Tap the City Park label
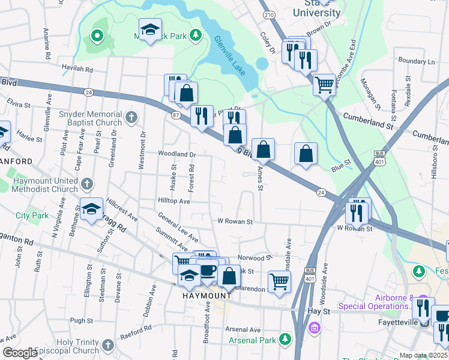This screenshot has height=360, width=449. point(32,215)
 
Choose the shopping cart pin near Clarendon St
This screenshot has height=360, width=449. point(279,281)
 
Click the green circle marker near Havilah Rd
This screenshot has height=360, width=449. point(96,35)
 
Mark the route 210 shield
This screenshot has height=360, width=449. point(270,14)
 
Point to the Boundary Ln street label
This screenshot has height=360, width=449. point(415,61)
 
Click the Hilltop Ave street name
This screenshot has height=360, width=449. point(173,202)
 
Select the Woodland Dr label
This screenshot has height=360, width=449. point(177,154)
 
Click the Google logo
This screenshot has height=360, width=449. point(20,353)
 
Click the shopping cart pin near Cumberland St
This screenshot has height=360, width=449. point(324,85)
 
